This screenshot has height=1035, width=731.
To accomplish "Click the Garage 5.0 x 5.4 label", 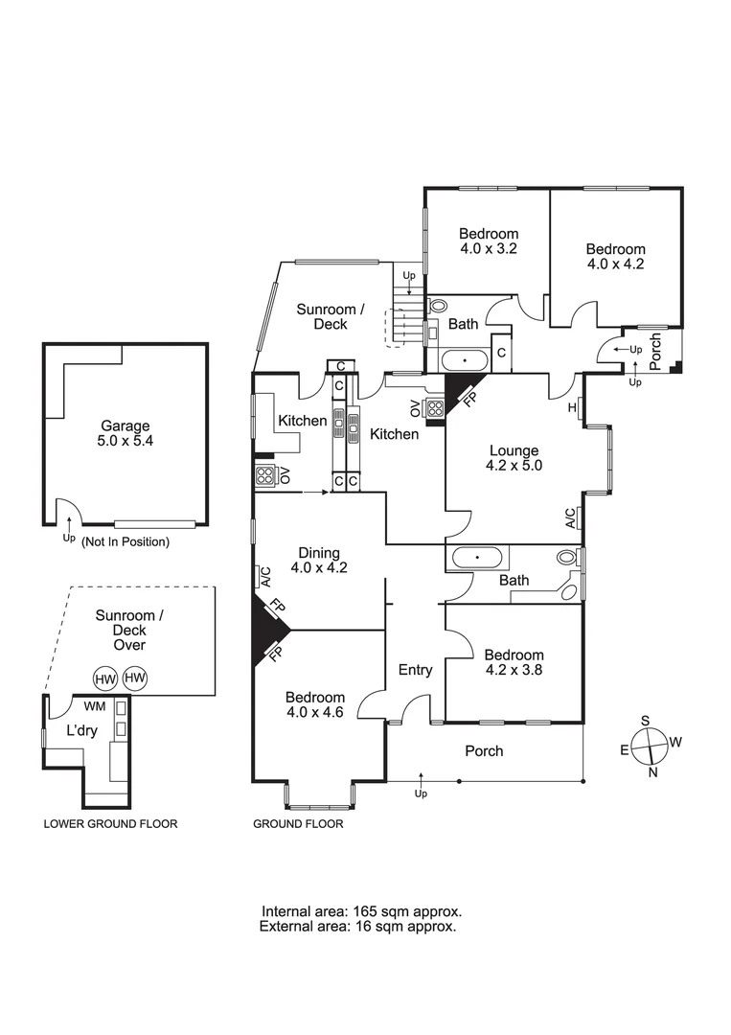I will (126, 434).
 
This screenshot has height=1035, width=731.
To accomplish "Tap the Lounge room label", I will (514, 459).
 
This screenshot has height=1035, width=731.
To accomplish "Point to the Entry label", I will (415, 670).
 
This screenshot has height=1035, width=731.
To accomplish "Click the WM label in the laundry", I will (95, 706).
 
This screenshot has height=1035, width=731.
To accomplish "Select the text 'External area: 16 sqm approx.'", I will (357, 927).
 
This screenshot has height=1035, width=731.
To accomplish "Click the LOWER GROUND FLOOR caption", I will (110, 824).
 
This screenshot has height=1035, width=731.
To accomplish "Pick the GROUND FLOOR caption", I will (298, 824).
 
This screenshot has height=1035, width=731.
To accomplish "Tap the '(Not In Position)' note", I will (126, 541).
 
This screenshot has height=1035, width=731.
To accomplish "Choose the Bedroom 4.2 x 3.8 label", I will (514, 663).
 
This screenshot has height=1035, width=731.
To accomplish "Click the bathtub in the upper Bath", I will (466, 361).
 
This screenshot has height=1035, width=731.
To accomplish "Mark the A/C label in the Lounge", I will (570, 518).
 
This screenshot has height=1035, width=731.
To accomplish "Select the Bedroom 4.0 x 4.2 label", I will (615, 257).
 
